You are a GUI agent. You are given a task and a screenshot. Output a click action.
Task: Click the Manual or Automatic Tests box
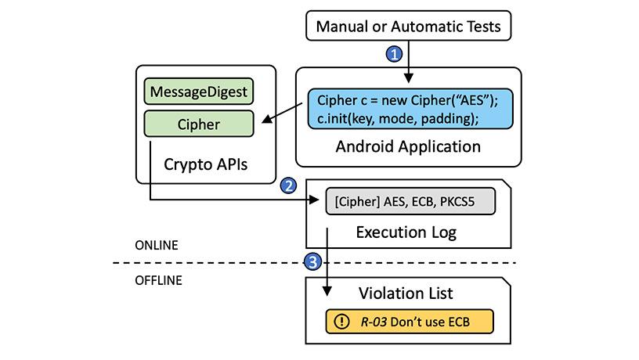(408, 26)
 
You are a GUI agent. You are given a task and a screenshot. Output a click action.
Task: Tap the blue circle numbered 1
(394, 54)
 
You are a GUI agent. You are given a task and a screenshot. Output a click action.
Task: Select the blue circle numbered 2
(288, 185)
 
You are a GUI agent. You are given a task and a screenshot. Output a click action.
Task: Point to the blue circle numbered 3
(312, 261)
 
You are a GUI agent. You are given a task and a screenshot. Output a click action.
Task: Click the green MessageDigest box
(198, 92)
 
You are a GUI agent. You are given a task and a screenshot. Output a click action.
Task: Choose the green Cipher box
(198, 124)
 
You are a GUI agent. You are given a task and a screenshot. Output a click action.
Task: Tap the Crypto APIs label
(205, 164)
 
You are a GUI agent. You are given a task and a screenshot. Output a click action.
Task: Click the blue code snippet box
(410, 109)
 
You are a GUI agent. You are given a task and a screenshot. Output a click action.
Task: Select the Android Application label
(408, 146)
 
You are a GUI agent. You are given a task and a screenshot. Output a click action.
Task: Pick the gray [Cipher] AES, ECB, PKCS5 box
(410, 201)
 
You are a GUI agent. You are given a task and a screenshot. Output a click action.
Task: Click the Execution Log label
(406, 232)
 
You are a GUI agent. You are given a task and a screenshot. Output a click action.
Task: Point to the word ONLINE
(157, 245)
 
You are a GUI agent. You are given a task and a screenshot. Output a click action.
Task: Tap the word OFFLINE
(158, 280)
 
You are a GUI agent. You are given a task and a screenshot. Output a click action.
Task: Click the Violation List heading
(406, 293)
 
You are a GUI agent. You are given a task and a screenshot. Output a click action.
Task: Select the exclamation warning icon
(341, 322)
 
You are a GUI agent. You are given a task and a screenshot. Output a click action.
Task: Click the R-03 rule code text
(374, 322)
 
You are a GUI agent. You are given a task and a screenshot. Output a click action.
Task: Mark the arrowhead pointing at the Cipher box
(267, 118)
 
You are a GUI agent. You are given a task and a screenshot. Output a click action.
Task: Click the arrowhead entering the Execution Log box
(314, 200)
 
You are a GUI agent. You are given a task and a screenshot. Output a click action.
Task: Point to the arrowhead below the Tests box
(408, 78)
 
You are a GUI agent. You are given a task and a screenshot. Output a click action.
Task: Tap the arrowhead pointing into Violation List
(327, 291)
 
